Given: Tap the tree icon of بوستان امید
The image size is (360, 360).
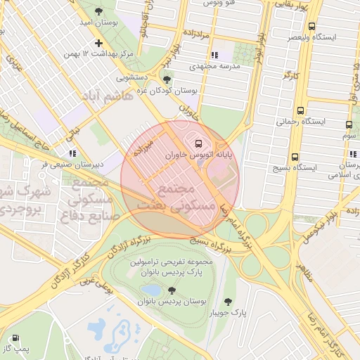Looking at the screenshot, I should [x=98, y=12].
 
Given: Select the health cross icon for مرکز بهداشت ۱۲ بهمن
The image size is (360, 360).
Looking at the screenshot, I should [x=98, y=43].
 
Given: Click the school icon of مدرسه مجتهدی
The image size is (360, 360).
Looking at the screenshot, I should [x=214, y=54].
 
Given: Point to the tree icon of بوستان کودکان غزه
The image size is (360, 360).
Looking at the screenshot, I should [x=167, y=79].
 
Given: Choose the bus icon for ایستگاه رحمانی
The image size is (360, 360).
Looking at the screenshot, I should [x=301, y=110].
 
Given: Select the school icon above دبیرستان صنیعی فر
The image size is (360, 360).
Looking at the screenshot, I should [x=71, y=153].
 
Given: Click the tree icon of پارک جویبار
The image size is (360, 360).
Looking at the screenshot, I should [x=227, y=302].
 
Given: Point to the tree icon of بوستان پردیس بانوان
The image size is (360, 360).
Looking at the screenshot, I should [x=171, y=290].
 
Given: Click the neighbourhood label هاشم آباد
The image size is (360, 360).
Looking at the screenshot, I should [x=107, y=96].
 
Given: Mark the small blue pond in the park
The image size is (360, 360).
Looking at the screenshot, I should [x=150, y=290].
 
